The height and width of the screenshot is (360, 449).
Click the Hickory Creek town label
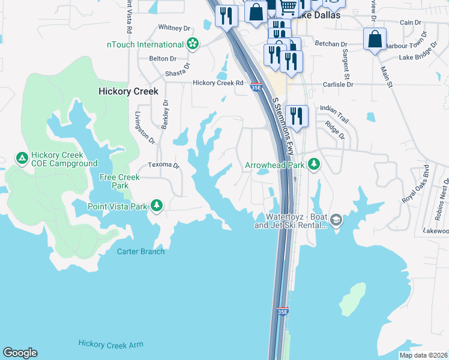coord(128,91)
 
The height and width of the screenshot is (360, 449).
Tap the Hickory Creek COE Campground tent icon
coord(22,158)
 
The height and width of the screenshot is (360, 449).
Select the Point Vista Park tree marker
coord(157,206)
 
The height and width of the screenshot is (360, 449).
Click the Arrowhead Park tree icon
coord(313,164)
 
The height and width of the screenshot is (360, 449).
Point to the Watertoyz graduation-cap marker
coord(336,220)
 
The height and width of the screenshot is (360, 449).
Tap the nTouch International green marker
coord(193,44)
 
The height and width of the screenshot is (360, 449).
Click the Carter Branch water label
coord(140,251)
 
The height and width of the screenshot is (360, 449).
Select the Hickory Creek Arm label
coord(110,344)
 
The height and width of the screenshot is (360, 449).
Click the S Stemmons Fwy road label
coord(283,127)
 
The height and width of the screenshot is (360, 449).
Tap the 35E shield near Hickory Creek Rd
coord(256,87)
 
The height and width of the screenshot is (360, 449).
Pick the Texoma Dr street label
coord(164,165)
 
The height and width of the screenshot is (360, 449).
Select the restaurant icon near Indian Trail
coord(297,115)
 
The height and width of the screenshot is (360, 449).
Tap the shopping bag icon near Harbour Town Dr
coord(375,40)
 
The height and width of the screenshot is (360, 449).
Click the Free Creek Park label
coord(119,181)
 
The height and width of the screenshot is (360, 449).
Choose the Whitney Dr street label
coord(174,28)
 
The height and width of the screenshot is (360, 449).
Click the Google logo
coord(20,353)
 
